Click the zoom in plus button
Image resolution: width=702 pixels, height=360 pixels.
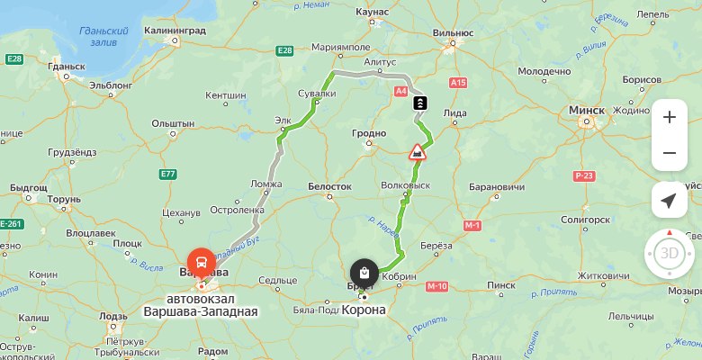pos(669,117)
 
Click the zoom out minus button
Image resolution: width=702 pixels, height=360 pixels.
pos(669,153)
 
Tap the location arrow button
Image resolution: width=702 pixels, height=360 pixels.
pos(669,200)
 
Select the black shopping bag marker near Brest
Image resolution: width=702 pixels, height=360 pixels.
pos(364,273)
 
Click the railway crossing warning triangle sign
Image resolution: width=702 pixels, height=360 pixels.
pos(418,151)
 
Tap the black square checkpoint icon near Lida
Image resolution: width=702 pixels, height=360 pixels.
pos(419,103)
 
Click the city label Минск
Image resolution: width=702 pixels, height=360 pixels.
pos(587,110)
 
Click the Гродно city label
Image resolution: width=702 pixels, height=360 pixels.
pos(369,133)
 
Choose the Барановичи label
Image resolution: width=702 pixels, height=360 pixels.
pos(496,187)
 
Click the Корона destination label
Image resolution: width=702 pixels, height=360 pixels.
pos(364,310)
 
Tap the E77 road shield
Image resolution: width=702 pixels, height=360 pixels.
pos(167,174)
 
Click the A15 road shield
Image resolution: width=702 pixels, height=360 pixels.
pos(459,83)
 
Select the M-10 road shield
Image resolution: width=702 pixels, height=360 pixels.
pos(437,286)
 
